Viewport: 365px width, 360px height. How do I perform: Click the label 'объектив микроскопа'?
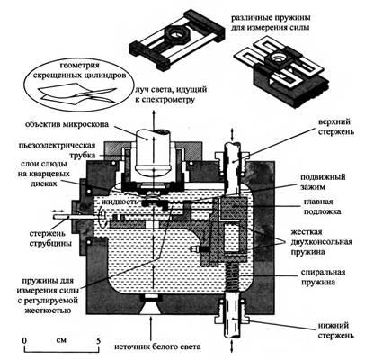point(67,124)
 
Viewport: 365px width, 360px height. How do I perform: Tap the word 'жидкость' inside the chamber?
point(120,202)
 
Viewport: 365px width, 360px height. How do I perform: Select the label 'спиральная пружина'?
point(323,277)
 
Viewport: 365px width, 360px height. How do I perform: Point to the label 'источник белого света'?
point(157,347)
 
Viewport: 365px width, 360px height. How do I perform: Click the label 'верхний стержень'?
point(334,127)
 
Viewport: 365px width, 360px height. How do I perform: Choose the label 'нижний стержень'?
point(336,330)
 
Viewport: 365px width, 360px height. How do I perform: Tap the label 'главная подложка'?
point(323,207)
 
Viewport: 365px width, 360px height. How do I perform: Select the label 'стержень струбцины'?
point(50,238)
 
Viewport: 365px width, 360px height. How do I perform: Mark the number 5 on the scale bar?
point(98,341)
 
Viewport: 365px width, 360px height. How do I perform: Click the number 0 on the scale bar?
point(24,341)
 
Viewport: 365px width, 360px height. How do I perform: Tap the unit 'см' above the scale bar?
point(61,341)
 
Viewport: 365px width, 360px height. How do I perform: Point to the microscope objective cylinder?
point(151,153)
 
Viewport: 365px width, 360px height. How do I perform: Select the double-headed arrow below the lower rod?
point(233,347)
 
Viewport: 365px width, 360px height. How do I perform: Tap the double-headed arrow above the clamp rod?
point(60,211)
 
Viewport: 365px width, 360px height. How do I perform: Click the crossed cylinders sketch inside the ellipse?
point(77,94)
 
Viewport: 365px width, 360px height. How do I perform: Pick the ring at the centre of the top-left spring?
point(176,33)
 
